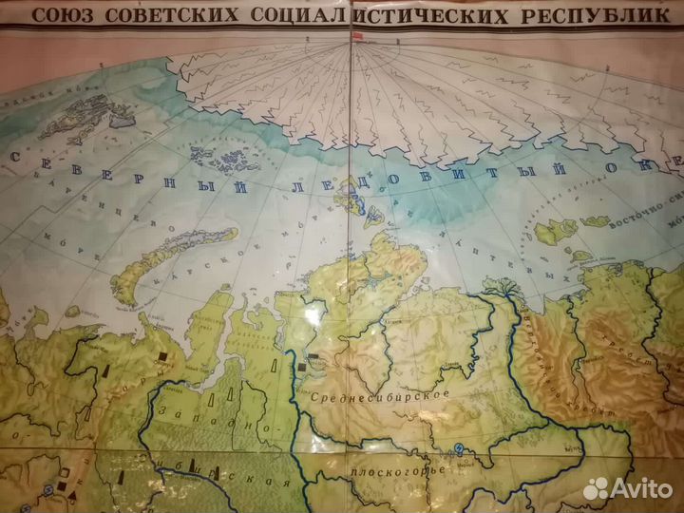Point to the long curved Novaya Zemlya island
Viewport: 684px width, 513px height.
[161, 261]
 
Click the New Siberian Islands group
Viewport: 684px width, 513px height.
[560, 234]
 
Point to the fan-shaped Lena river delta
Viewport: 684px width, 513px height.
[498, 284]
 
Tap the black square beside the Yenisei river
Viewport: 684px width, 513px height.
[303, 364]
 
